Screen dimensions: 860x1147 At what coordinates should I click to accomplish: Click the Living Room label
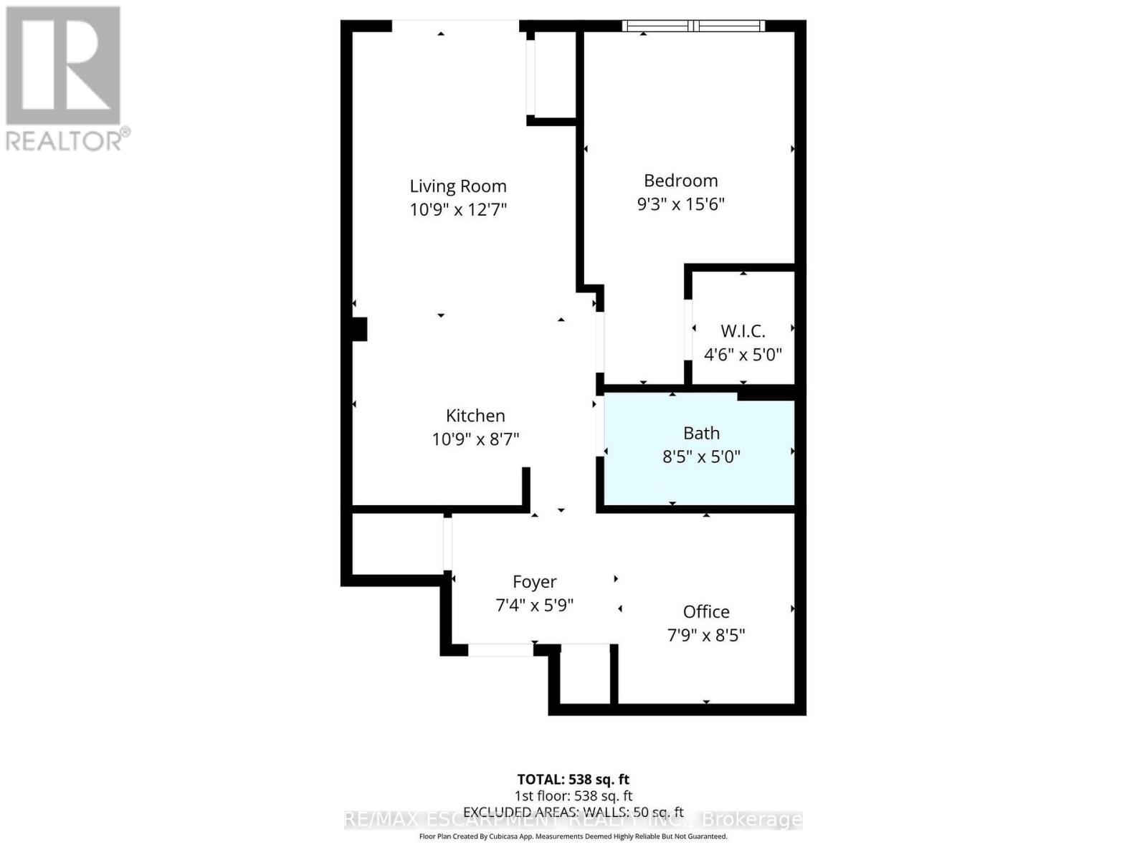(458, 186)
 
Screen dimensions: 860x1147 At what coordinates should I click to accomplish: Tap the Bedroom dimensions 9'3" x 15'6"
(680, 204)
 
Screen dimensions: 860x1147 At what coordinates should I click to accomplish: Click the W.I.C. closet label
(743, 331)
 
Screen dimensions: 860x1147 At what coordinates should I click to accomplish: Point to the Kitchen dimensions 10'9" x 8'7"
(475, 439)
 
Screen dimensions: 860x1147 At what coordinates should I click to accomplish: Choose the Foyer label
(534, 582)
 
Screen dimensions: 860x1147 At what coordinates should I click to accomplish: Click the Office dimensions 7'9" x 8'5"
(706, 636)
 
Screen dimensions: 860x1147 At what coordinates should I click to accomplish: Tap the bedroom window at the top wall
(693, 27)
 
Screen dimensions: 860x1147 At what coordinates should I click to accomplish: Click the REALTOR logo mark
(63, 66)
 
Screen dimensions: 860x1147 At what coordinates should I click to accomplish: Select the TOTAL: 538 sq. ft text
(573, 779)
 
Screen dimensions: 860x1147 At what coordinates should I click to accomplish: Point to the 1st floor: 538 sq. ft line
(573, 795)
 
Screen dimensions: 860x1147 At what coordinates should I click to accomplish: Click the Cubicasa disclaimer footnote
(573, 836)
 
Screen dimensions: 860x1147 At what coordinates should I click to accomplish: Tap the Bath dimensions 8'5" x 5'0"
(701, 457)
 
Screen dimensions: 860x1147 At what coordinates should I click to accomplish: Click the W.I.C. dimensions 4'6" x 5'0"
(743, 355)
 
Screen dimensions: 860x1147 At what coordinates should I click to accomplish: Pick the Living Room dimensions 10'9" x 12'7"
(458, 210)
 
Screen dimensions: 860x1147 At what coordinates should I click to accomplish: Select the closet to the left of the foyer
(397, 543)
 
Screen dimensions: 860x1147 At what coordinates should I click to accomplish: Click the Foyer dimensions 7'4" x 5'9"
(534, 606)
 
